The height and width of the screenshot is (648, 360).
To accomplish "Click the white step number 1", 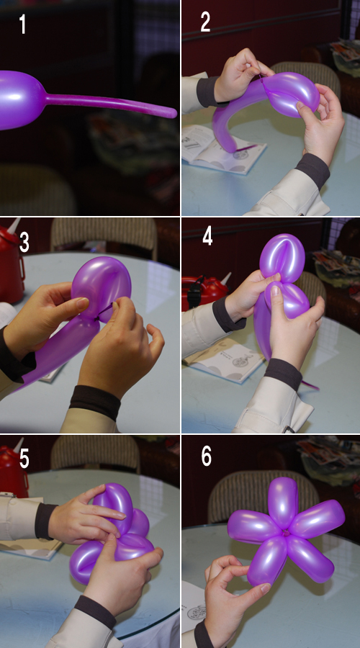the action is pos(23,24).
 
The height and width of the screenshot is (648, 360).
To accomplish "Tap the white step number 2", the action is pos(205,22).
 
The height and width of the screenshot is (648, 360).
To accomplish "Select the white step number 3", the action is pos(24,242).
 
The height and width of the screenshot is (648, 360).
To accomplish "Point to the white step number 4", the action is pos(207,237).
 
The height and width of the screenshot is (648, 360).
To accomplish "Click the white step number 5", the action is pos(24,459).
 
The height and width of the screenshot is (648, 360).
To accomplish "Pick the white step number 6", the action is pos(206,456).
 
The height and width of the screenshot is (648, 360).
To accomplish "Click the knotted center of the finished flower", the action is pos(285,532).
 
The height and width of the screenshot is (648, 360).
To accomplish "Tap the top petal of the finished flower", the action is pos(283,502).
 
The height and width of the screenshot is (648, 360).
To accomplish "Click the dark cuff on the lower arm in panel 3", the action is pos(94,402).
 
